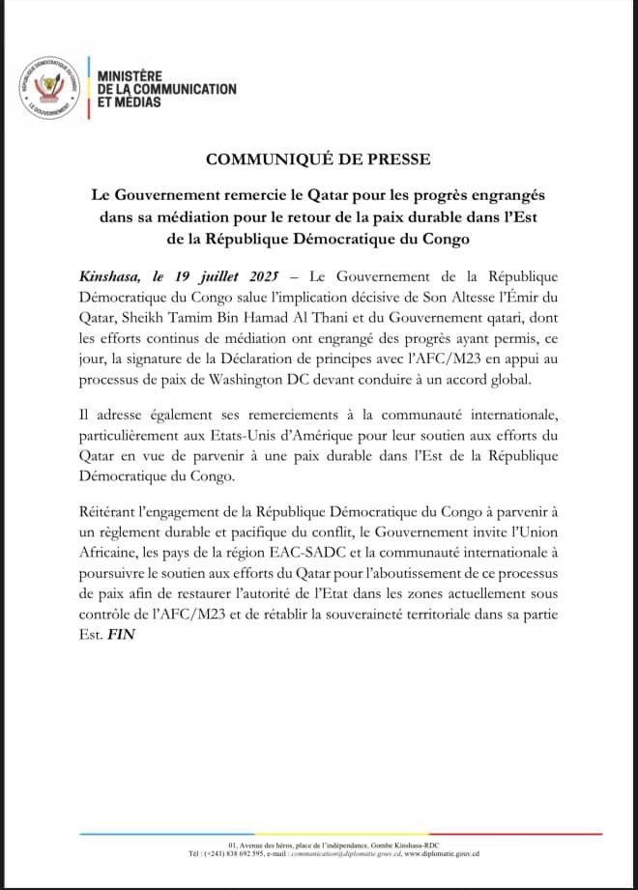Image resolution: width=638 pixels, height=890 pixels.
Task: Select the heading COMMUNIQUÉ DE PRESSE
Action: pyautogui.click(x=318, y=159)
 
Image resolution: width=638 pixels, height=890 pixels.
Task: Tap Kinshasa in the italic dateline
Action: pyautogui.click(x=108, y=275)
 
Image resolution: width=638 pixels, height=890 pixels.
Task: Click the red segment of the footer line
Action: pyautogui.click(x=541, y=834)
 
